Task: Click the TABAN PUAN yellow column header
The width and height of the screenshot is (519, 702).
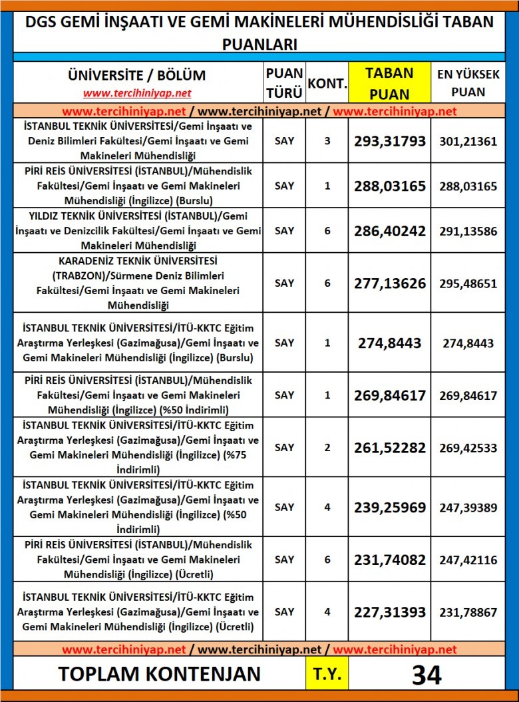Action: pyautogui.click(x=389, y=83)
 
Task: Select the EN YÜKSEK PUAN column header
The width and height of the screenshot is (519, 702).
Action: pyautogui.click(x=468, y=83)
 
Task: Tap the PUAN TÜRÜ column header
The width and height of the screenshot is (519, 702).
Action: pyautogui.click(x=284, y=83)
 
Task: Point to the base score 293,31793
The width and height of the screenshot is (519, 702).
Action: pyautogui.click(x=389, y=141)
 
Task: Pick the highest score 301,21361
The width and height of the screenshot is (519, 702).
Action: pyautogui.click(x=468, y=141)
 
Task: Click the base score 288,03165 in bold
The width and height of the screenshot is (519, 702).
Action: pyautogui.click(x=389, y=186)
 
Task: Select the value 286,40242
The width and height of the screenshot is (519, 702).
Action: pyautogui.click(x=389, y=230)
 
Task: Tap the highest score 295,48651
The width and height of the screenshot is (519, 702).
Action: pyautogui.click(x=468, y=283)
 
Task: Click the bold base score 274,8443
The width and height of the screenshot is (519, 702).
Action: pyautogui.click(x=389, y=343)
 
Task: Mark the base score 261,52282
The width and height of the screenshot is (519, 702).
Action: pyautogui.click(x=389, y=448)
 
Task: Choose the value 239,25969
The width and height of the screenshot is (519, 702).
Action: pyautogui.click(x=389, y=507)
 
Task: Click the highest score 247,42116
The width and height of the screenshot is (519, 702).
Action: pyautogui.click(x=468, y=560)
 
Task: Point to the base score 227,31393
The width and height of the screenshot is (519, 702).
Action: pyautogui.click(x=389, y=612)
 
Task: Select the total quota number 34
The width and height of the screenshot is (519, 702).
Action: pyautogui.click(x=427, y=674)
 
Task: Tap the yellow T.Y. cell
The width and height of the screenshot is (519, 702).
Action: pyautogui.click(x=327, y=674)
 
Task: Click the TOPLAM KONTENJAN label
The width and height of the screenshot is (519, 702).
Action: pyautogui.click(x=159, y=674)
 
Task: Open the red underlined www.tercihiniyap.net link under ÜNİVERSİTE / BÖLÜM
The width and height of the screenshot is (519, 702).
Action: pyautogui.click(x=137, y=93)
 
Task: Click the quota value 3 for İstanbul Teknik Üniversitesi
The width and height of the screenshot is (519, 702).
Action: pyautogui.click(x=327, y=141)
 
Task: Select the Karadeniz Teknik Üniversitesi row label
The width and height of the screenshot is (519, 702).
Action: pyautogui.click(x=138, y=283)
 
